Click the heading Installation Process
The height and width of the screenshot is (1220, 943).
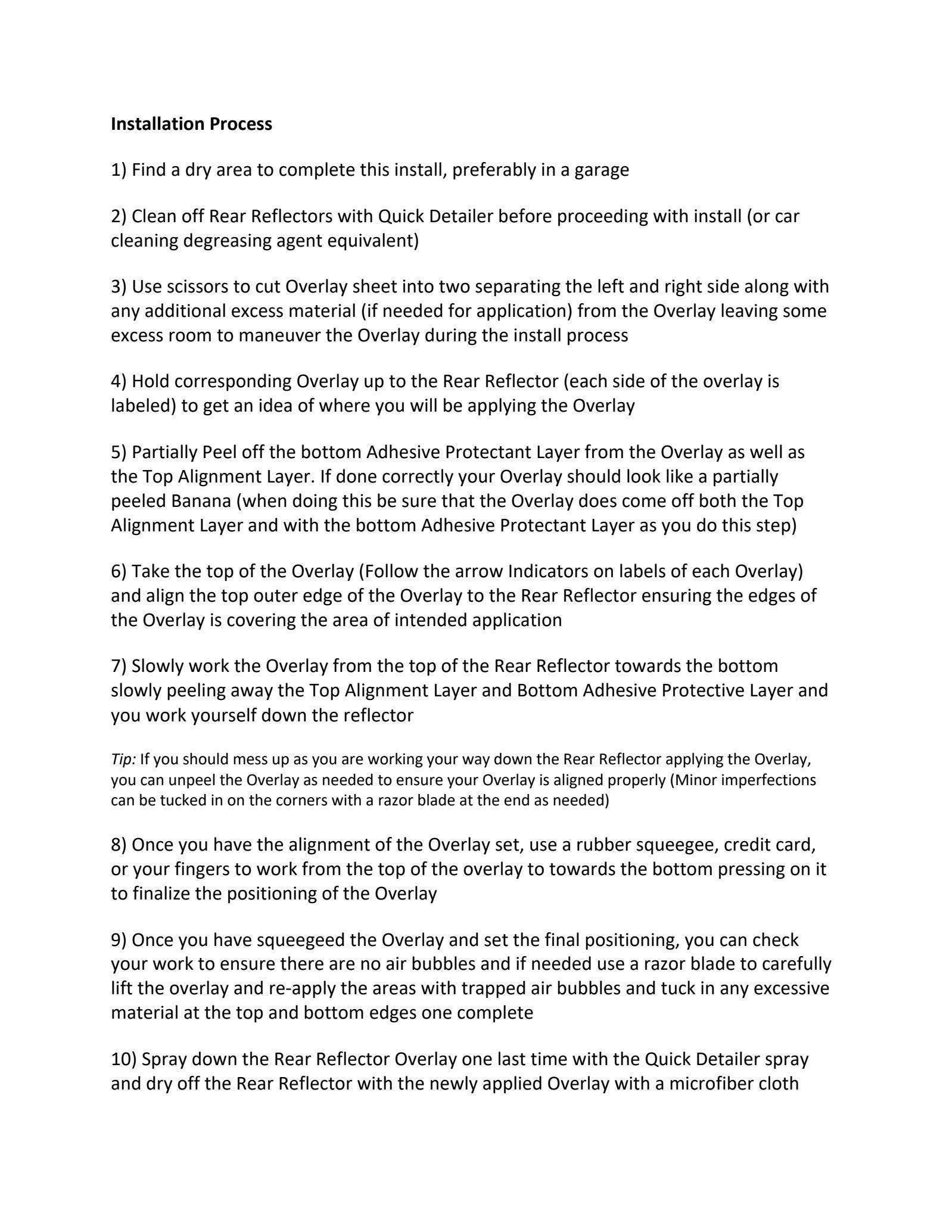click(x=191, y=124)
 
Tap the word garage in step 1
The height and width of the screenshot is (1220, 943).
click(x=602, y=170)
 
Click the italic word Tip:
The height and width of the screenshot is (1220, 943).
click(x=123, y=759)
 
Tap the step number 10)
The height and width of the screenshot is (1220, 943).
click(x=124, y=1059)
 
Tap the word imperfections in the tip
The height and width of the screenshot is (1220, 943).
click(x=771, y=779)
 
